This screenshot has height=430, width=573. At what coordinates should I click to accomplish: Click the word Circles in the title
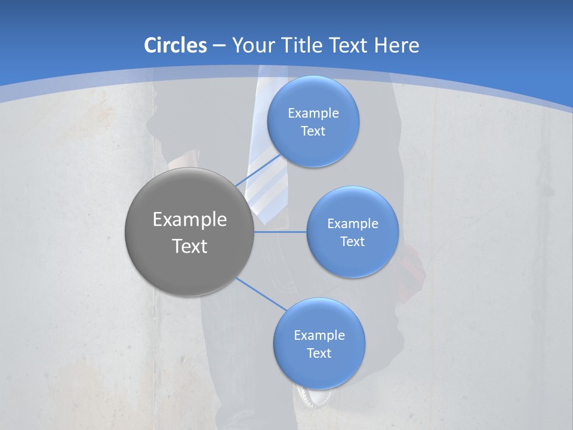coord(175,45)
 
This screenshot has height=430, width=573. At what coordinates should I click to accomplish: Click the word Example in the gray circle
coord(190,220)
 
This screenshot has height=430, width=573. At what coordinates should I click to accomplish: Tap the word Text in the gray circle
coord(190,246)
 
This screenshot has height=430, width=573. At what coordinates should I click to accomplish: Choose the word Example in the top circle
coord(313,113)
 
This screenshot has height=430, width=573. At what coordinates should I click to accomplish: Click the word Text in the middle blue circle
coord(352,242)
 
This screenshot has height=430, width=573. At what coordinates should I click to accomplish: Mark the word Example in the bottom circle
coord(319,336)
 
